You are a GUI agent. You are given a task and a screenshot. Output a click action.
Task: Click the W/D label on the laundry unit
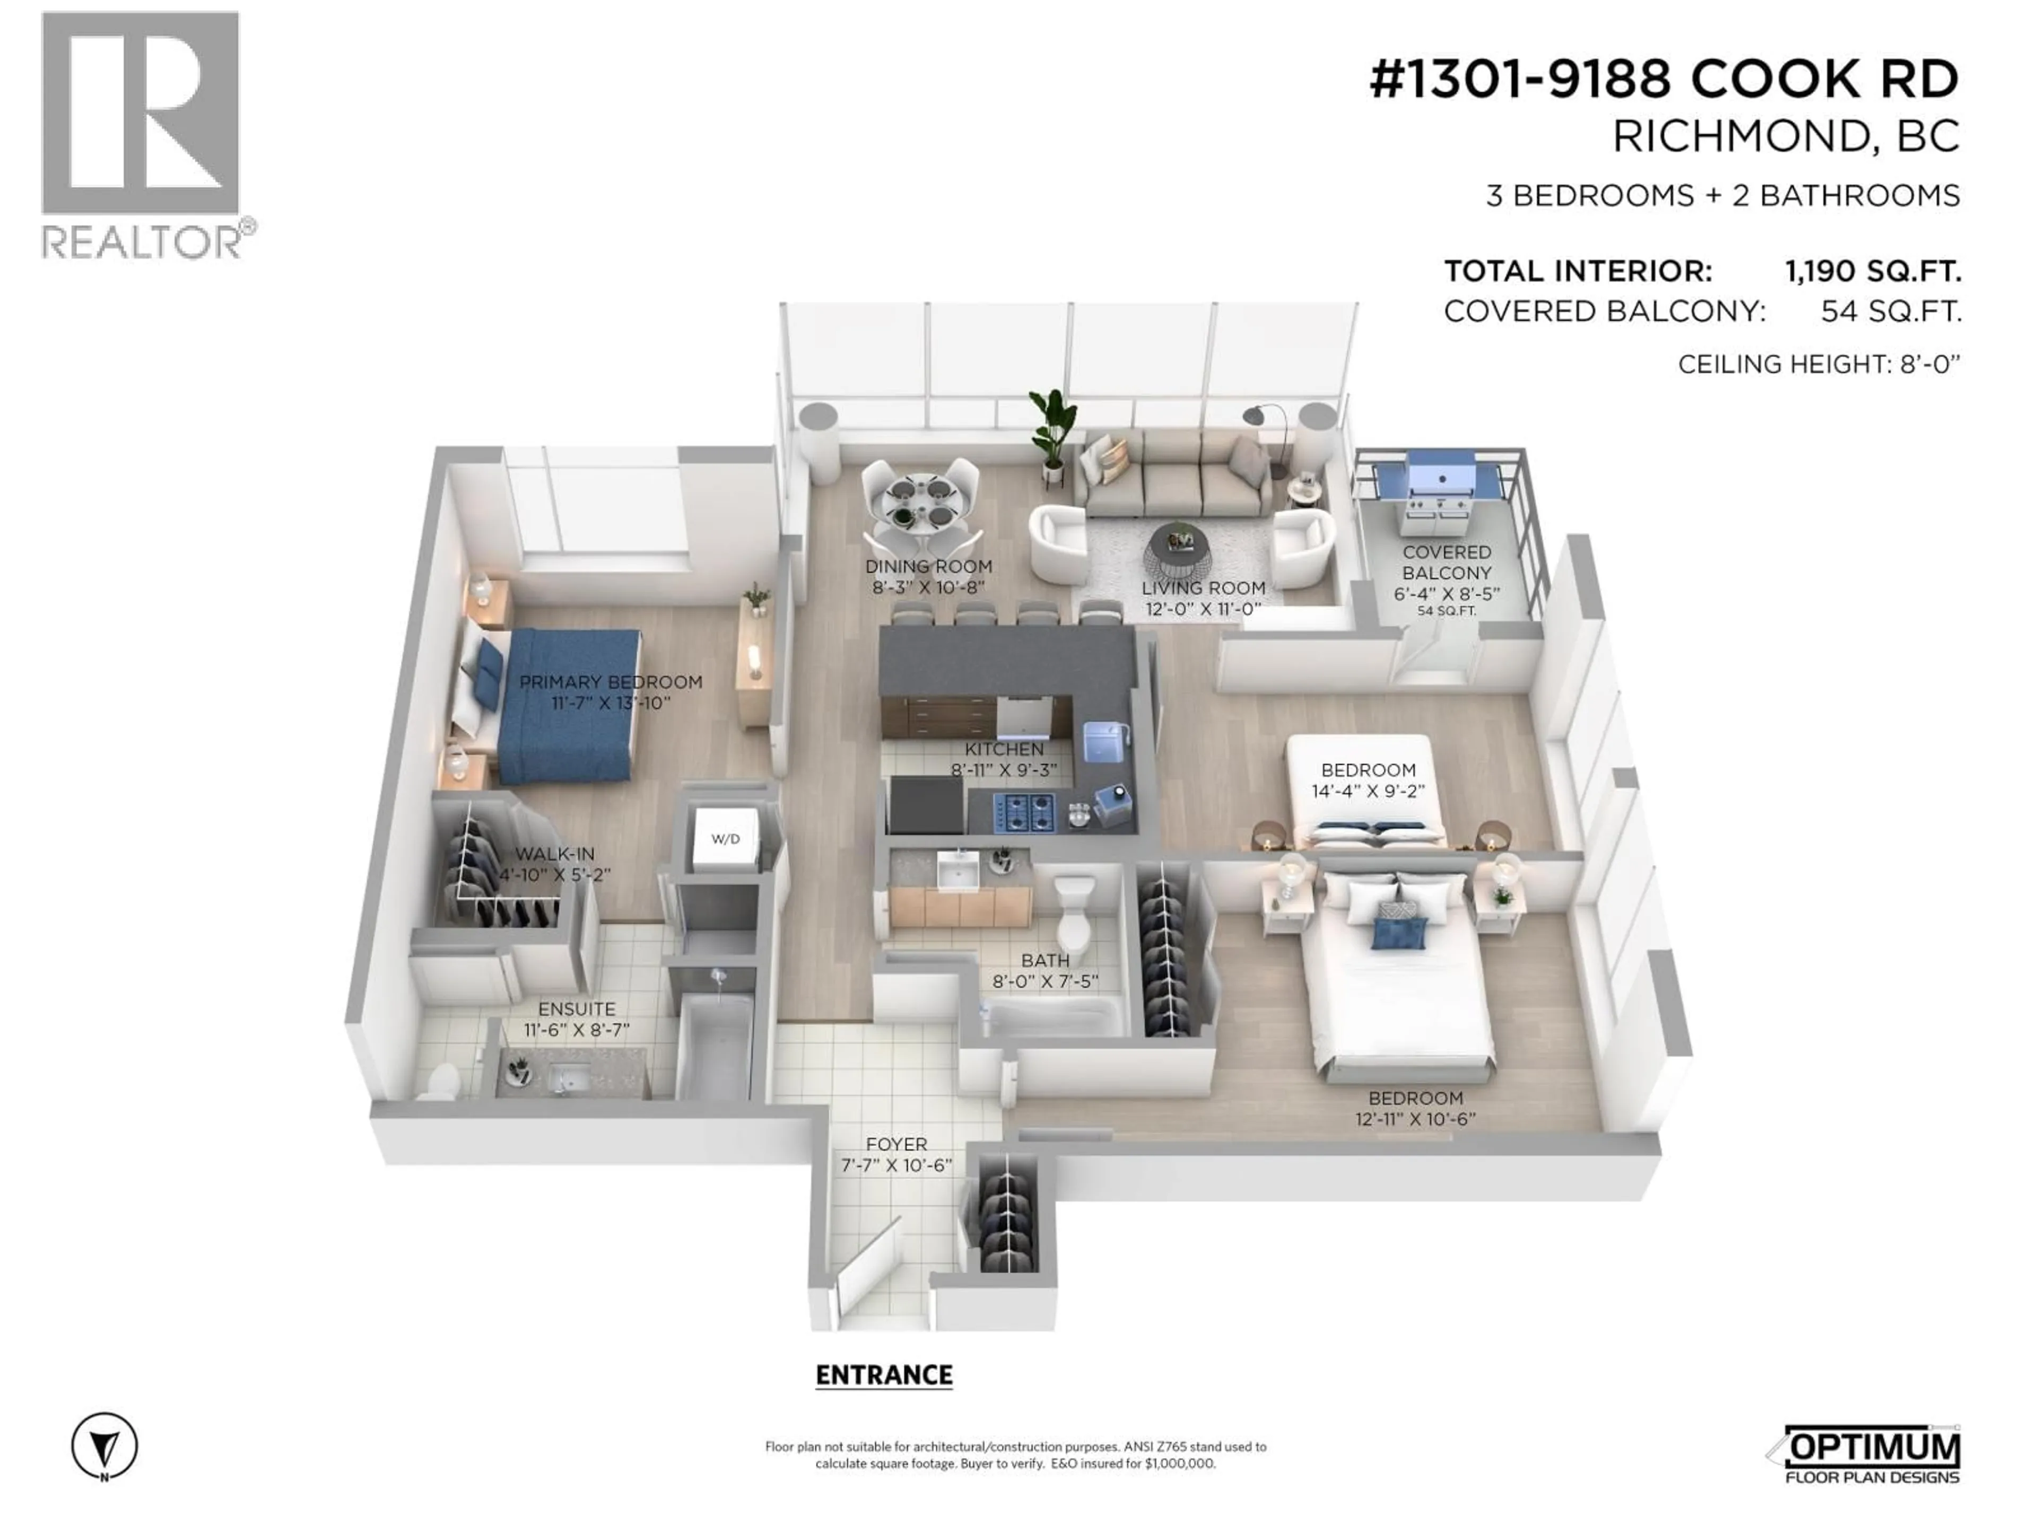click(x=726, y=838)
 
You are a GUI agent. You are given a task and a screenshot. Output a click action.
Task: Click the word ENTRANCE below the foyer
click(x=884, y=1375)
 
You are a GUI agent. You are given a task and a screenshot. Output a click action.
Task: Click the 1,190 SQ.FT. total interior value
click(x=1872, y=271)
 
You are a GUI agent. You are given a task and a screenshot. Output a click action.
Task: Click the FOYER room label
click(x=896, y=1144)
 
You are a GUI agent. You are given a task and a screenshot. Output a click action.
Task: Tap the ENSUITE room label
click(x=577, y=1009)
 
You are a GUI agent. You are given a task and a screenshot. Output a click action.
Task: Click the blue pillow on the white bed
click(x=1398, y=933)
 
